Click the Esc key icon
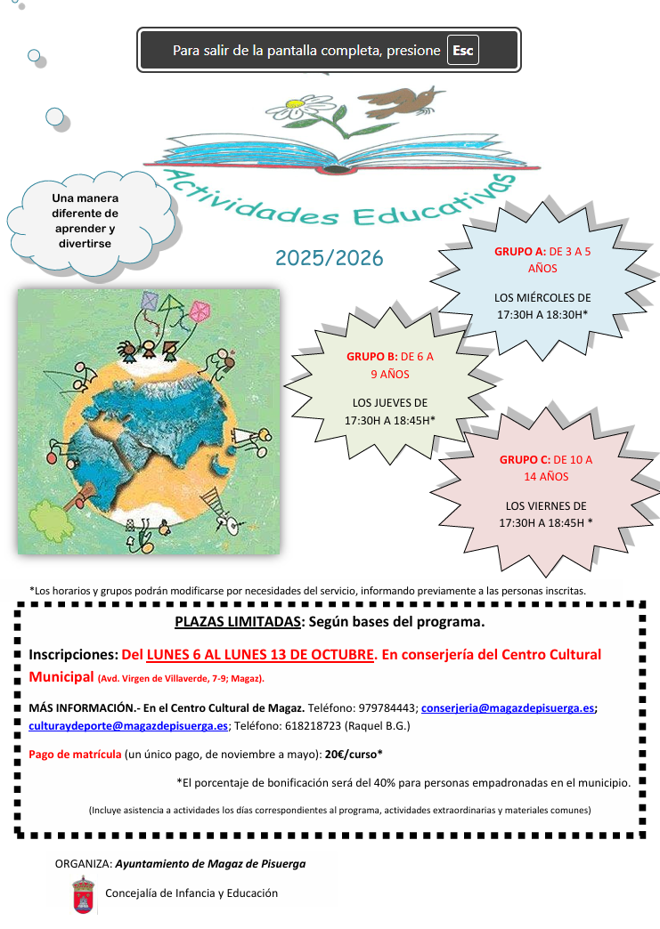462,51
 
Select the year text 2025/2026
329,258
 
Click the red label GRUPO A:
519,252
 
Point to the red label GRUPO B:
371,358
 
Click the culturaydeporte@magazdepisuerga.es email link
128,725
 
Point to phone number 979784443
387,708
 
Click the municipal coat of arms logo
83,893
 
